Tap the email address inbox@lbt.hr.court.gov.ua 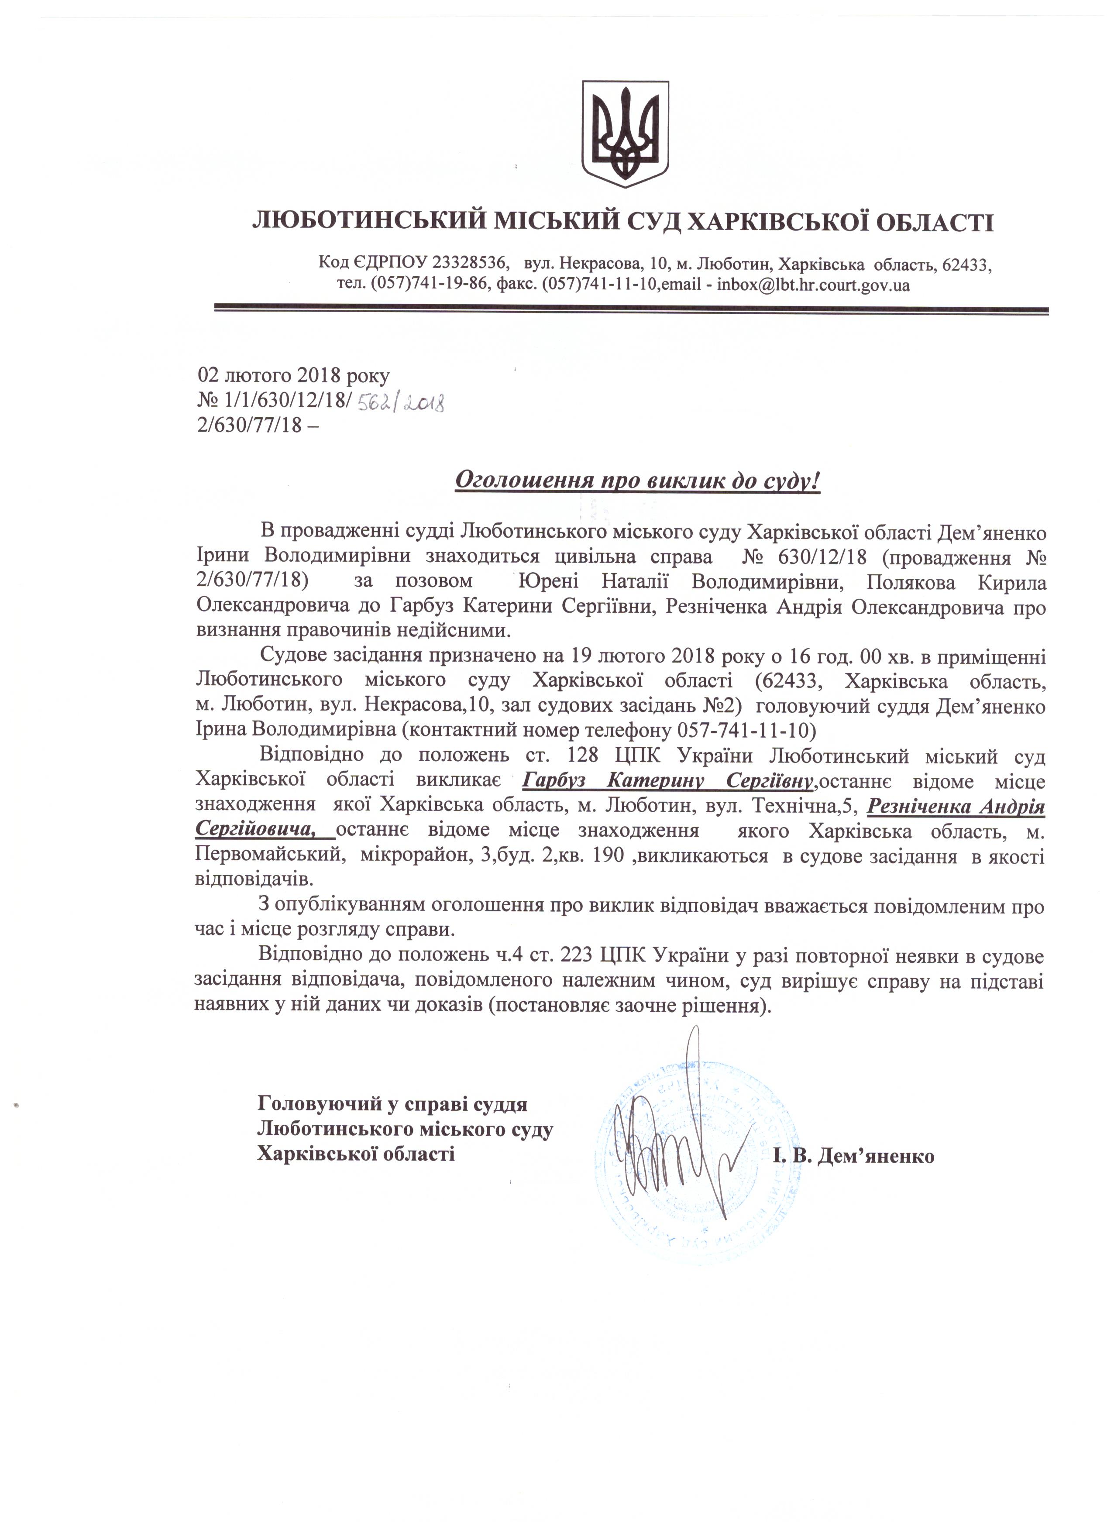click(813, 285)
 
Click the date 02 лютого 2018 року click(293, 375)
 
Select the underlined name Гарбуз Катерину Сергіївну click(667, 782)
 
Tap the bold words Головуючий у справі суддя click(392, 1104)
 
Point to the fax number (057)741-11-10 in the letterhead click(599, 285)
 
